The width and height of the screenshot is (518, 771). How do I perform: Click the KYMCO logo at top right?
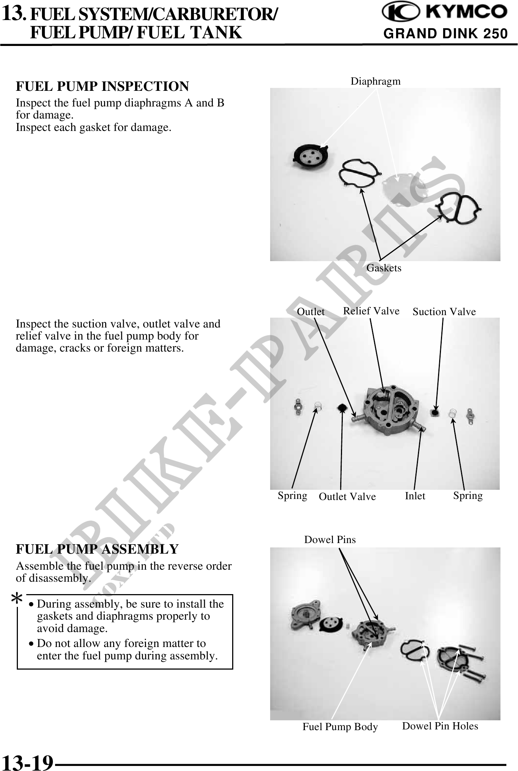coord(444,13)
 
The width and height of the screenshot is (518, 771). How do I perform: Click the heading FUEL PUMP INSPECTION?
coord(102,86)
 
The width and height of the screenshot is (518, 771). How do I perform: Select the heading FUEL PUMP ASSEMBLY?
coord(97,549)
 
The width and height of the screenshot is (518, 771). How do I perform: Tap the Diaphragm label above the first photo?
coord(376,81)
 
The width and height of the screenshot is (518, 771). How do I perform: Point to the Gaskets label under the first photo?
coord(384,268)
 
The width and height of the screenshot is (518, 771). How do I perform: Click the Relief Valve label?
coord(371,311)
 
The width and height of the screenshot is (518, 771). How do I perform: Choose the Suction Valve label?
coord(444,312)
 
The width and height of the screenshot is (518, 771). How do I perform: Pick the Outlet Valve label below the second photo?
coord(347,496)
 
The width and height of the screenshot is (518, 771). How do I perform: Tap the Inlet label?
coord(415,496)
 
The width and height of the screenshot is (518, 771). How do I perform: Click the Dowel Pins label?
coord(330,539)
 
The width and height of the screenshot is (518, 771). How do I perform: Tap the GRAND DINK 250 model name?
coord(446,34)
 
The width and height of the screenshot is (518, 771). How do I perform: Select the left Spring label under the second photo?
coord(292,496)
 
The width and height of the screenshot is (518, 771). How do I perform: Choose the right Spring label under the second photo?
coord(468,496)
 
